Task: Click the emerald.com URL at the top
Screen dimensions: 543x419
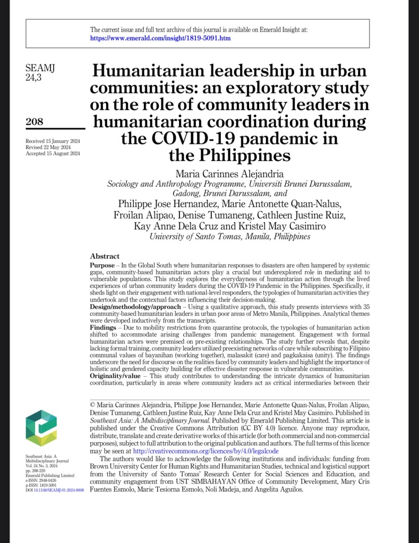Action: [160, 38]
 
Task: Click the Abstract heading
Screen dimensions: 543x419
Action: [105, 256]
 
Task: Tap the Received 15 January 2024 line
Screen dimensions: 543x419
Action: [52, 140]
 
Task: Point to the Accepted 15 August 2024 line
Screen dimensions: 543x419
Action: [53, 153]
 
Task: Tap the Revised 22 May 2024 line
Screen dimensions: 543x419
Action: [48, 147]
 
